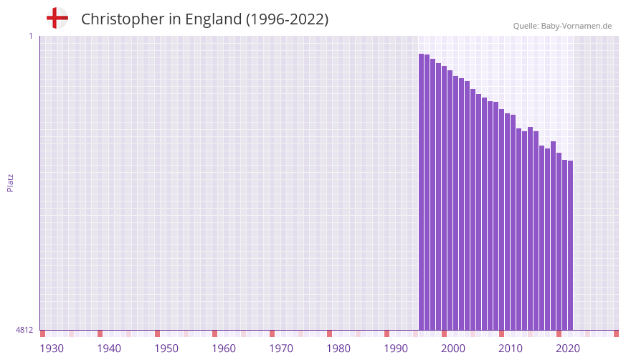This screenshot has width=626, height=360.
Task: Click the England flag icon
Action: (57, 18)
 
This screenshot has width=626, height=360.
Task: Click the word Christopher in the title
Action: (123, 19)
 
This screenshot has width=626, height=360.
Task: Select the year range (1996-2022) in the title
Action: (287, 19)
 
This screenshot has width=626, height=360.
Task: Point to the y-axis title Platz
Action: (10, 182)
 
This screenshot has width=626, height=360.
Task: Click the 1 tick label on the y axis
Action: (30, 36)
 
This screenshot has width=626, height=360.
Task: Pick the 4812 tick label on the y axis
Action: (24, 330)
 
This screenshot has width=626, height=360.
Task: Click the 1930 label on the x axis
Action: (52, 349)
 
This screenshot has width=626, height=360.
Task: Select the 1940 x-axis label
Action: (109, 349)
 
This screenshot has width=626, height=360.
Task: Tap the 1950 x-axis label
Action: (166, 349)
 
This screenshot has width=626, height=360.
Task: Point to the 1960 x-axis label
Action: (224, 349)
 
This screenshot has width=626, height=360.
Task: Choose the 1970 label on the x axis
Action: (281, 349)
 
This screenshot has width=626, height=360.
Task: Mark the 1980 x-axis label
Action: (338, 349)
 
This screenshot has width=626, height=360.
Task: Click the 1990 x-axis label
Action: (396, 349)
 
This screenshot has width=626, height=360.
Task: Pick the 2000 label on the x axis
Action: (453, 349)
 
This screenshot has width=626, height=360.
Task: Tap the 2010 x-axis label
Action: (511, 349)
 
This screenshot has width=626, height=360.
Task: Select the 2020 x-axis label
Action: (568, 349)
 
